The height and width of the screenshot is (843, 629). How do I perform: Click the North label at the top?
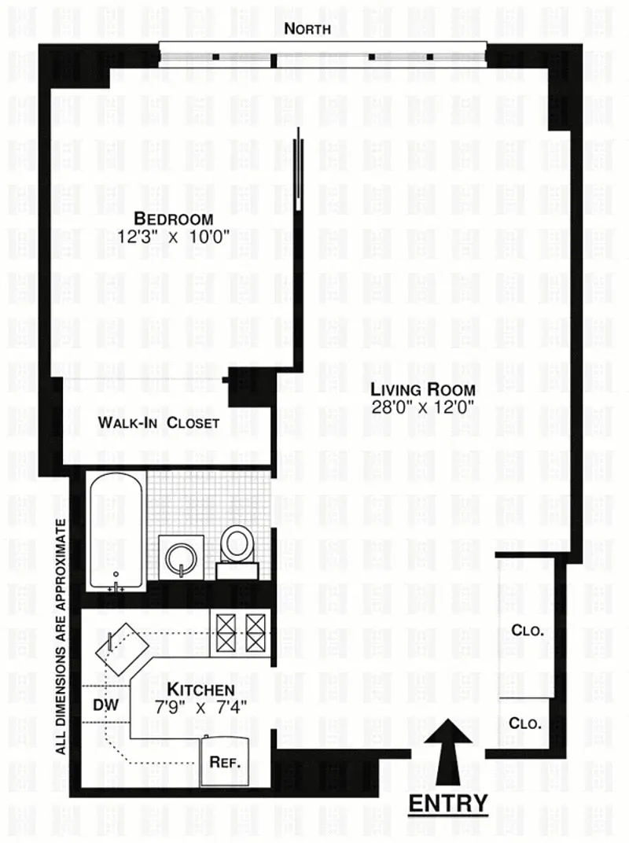tap(307, 30)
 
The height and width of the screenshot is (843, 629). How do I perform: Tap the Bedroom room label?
tap(173, 219)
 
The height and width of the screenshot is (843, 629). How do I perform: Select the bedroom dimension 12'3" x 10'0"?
tap(174, 237)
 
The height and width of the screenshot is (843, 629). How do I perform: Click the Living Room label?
tap(424, 390)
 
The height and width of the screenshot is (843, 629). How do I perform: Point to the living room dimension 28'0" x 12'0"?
tap(424, 407)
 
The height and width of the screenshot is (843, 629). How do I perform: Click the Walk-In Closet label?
tap(159, 423)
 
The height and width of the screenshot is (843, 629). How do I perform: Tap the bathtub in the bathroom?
tap(116, 535)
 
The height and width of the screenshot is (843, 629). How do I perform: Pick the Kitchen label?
tap(189, 689)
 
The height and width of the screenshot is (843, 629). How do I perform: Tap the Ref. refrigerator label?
tap(224, 762)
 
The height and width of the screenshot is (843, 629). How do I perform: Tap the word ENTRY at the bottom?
tap(449, 803)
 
